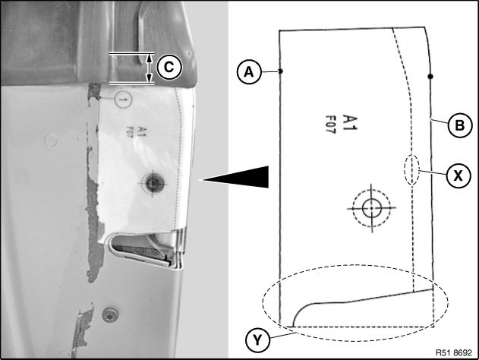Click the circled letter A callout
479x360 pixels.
[249, 72]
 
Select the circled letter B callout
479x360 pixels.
[460, 125]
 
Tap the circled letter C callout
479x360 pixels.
[169, 68]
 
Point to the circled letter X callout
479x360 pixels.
[459, 175]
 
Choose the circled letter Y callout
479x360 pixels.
[257, 340]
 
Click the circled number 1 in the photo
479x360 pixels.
[124, 99]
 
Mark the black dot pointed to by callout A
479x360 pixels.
[280, 71]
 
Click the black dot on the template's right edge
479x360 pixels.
[430, 76]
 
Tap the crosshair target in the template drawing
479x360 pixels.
[371, 208]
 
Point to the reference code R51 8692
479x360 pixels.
[454, 352]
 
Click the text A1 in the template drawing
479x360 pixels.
[349, 122]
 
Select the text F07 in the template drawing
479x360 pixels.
[330, 124]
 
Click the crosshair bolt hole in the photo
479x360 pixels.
[153, 183]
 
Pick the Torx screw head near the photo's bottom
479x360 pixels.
[110, 315]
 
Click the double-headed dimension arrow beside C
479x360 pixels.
[149, 68]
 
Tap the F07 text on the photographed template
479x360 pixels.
[130, 133]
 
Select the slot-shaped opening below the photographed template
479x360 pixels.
[143, 249]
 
